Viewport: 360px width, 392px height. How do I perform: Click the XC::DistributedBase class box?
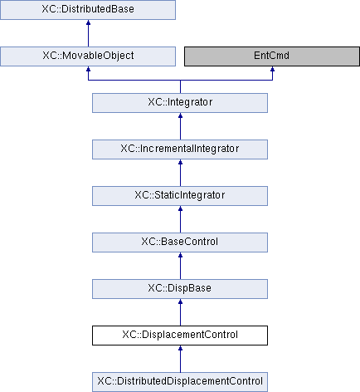click(88, 10)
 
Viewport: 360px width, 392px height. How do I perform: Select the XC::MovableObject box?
click(88, 56)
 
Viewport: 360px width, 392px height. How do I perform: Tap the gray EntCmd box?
click(272, 56)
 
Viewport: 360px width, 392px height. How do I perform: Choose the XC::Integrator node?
click(180, 103)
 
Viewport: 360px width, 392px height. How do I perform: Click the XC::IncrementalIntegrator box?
click(180, 149)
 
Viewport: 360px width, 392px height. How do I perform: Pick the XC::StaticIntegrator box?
click(180, 196)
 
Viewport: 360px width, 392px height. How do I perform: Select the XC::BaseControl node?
click(180, 243)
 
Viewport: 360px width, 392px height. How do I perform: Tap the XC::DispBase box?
click(180, 289)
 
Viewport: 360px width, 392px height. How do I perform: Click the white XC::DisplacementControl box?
click(180, 336)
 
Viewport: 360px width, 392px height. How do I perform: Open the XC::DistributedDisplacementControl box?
click(180, 382)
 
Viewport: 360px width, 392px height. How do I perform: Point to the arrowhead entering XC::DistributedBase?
click(88, 22)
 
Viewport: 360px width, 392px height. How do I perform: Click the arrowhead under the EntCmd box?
click(272, 69)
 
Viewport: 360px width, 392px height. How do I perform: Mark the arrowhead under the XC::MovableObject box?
click(88, 69)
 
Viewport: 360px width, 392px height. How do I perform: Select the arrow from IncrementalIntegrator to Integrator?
click(180, 126)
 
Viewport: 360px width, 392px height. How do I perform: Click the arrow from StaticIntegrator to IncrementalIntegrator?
click(180, 173)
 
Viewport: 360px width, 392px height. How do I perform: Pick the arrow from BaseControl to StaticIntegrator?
click(180, 219)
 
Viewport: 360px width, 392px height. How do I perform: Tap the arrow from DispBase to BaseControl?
click(180, 266)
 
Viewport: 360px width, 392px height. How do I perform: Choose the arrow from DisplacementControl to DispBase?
click(180, 312)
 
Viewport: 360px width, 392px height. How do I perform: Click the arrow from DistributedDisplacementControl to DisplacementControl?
click(180, 359)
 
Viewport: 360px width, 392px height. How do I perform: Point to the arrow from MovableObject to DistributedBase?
click(88, 33)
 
